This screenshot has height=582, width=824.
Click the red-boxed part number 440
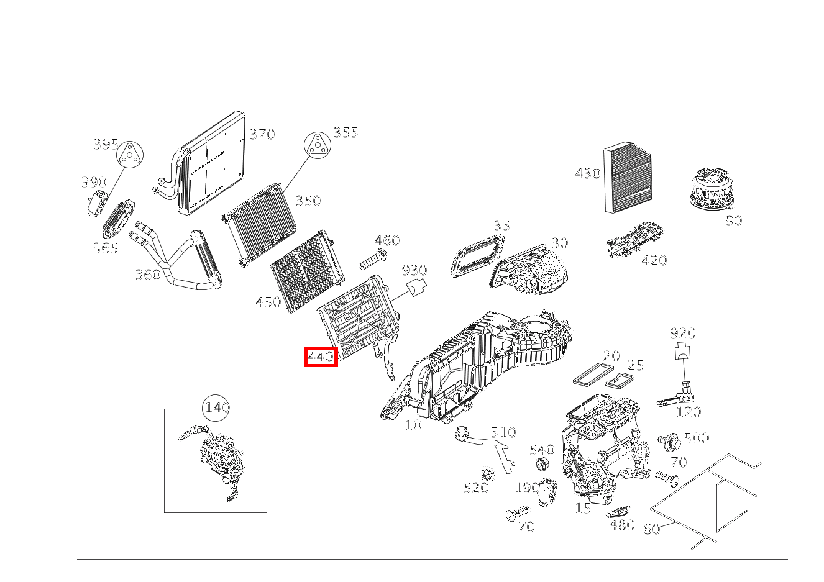[x=321, y=357]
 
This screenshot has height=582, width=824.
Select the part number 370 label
[x=262, y=134]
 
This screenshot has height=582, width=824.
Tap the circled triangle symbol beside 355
[x=317, y=145]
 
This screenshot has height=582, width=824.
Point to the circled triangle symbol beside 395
[x=130, y=155]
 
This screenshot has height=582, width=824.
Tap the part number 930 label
[x=414, y=270]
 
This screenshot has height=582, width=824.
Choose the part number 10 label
[x=413, y=425]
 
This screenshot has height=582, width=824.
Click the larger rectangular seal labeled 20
[x=593, y=375]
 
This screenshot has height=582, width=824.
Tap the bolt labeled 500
[x=669, y=442]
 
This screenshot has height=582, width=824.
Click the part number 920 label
[x=683, y=333]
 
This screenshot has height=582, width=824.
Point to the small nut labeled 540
[x=542, y=465]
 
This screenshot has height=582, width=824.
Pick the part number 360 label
[x=148, y=275]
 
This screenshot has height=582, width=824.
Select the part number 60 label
[x=651, y=529]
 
